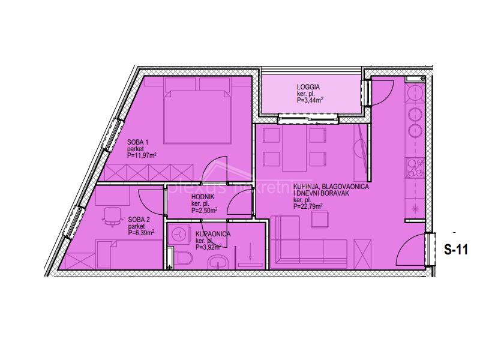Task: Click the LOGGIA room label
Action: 307,87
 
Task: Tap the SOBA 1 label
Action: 137,142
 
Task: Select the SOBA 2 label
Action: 138,220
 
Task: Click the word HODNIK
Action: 203,197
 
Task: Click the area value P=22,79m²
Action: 308,206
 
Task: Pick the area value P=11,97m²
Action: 142,155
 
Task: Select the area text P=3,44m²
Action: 310,101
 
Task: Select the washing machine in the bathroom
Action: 178,236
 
